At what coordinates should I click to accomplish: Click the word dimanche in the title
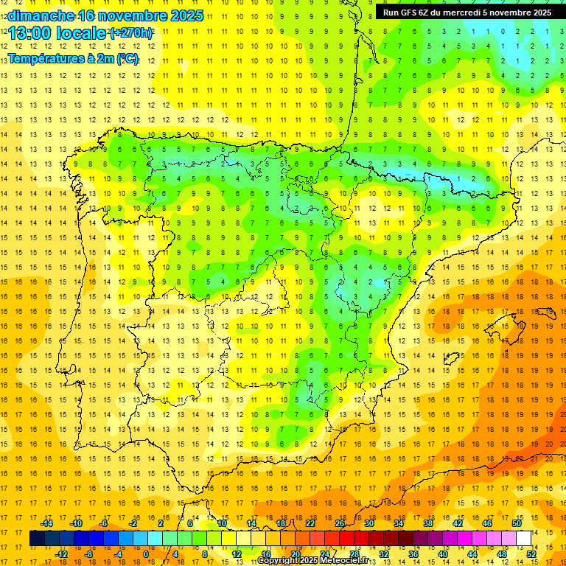40,15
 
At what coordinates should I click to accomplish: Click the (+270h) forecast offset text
132,33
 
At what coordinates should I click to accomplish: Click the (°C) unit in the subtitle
127,58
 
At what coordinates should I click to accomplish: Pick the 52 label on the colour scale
531,553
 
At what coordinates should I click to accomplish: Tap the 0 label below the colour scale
146,553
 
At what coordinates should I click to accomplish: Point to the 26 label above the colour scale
340,523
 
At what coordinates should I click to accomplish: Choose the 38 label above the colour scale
428,523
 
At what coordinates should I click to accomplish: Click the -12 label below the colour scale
61,553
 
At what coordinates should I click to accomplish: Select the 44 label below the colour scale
472,553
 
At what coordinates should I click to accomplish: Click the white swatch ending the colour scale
524,538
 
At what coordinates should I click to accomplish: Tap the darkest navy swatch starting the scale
37,538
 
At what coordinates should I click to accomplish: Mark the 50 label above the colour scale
517,523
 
